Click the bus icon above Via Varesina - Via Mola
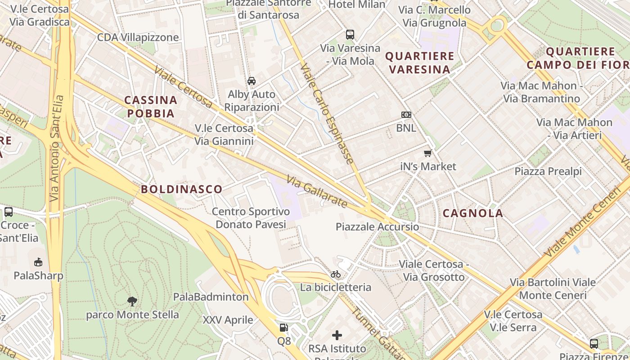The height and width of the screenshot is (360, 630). click(350, 34)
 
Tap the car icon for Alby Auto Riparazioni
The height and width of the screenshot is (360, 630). click(252, 81)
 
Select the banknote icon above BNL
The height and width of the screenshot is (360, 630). click(406, 115)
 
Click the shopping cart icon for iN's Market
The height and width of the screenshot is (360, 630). click(428, 153)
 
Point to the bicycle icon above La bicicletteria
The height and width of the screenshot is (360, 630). click(336, 274)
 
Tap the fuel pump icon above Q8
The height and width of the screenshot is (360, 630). click(283, 328)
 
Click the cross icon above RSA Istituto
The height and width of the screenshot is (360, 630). click(337, 335)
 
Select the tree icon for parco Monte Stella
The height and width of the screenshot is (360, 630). click(132, 301)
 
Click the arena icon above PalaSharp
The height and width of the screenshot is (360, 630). click(38, 262)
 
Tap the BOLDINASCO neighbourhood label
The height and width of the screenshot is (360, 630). click(182, 189)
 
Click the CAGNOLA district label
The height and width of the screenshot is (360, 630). click(473, 213)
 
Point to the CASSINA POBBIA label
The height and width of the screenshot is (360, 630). click(151, 107)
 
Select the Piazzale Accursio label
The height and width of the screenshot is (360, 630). click(378, 227)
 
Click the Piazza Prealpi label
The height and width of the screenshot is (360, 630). click(548, 171)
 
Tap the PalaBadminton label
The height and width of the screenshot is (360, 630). click(211, 297)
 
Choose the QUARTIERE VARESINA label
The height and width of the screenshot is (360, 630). click(420, 63)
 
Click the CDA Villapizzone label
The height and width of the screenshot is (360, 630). click(138, 37)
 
